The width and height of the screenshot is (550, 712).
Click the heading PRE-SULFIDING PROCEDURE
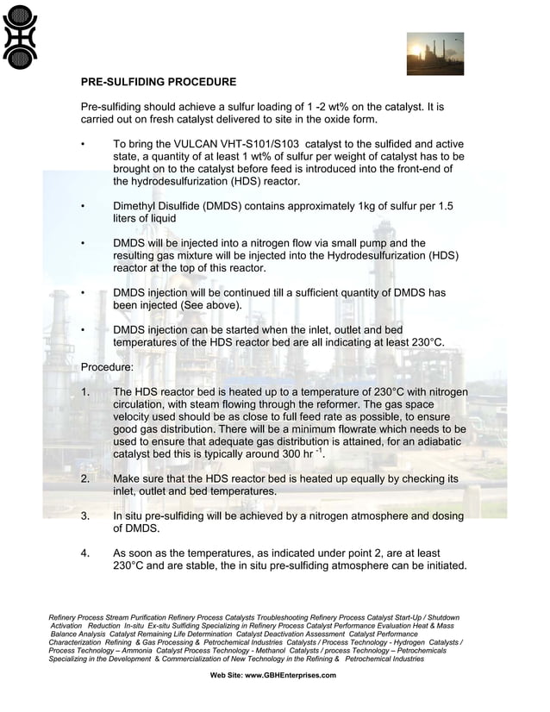(x=158, y=83)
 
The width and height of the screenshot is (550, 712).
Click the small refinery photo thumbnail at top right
(x=434, y=53)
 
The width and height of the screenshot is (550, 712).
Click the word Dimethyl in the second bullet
(x=138, y=207)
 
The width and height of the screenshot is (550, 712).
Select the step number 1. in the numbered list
(x=85, y=392)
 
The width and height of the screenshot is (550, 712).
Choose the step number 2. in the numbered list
(x=85, y=478)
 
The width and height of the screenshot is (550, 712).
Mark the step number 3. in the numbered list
(x=85, y=516)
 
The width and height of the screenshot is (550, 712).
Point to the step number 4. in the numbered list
(x=85, y=553)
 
